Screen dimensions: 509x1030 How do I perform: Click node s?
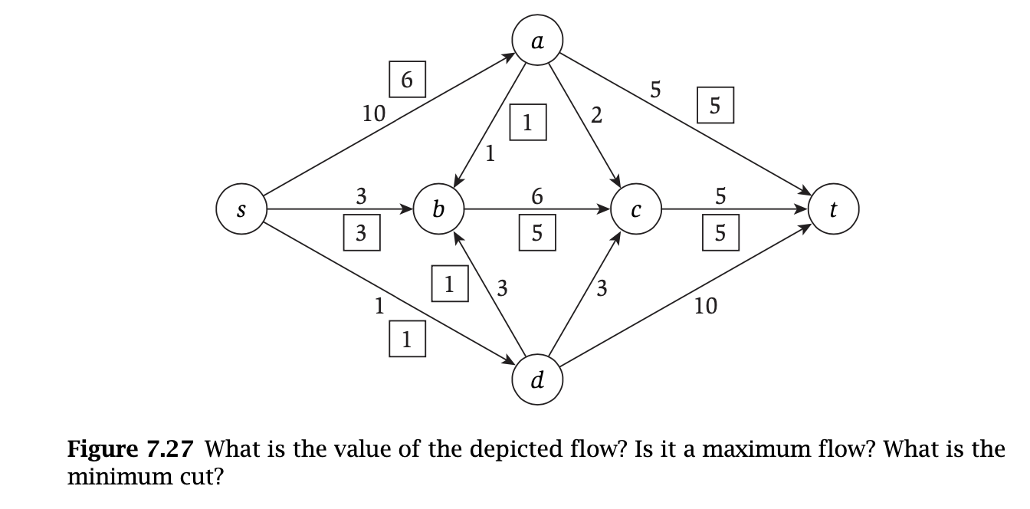coord(241,209)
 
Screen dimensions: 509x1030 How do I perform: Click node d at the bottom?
coord(538,379)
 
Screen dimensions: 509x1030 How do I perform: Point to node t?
coord(834,209)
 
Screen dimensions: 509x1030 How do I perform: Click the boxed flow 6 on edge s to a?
coord(407,79)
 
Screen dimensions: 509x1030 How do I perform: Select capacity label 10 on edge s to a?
coord(373,114)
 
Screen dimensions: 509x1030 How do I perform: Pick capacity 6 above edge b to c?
coord(537,196)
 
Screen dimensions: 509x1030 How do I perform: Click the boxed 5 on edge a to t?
coord(715,105)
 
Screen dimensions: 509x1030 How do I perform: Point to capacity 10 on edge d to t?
coord(705,307)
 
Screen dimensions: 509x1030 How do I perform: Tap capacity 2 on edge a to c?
coord(597,117)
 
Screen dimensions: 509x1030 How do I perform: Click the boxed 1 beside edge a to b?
coord(528,122)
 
